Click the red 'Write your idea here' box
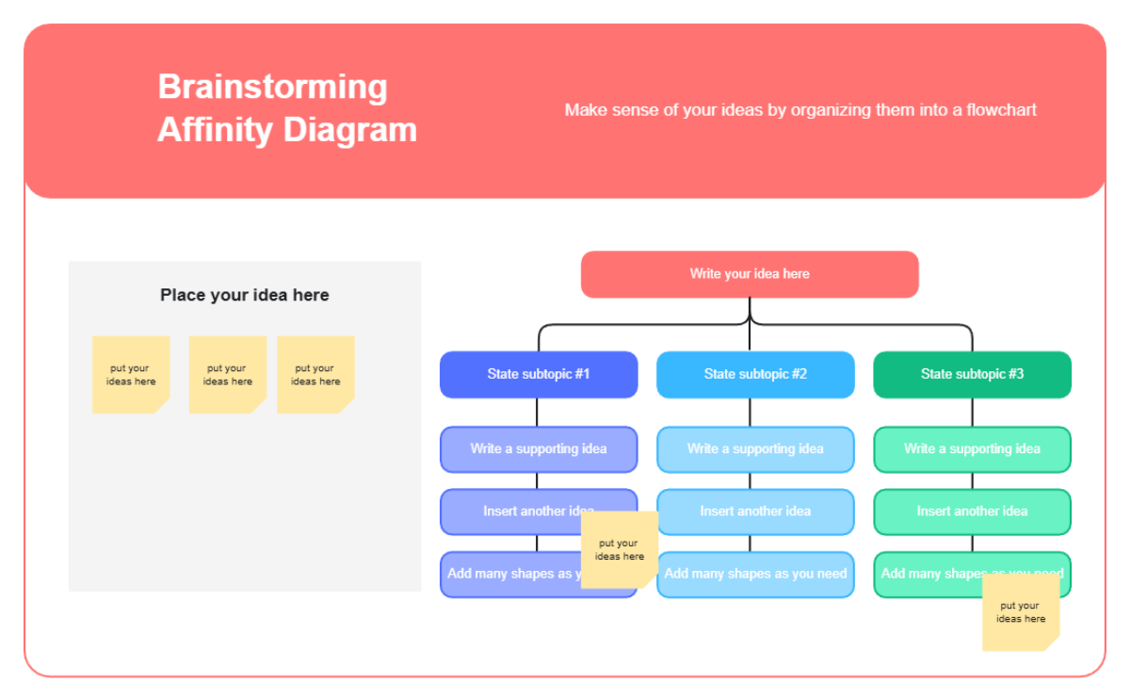coord(750,274)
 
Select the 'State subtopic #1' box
coord(539,374)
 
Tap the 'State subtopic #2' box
coord(755,374)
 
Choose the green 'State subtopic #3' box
coord(972,374)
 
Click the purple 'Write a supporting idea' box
coord(539,449)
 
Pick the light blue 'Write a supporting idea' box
coord(755,449)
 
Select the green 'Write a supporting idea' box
coord(972,449)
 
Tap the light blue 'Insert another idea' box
coord(755,512)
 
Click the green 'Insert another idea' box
coord(972,512)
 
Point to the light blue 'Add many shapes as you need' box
coord(755,574)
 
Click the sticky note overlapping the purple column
coord(619,550)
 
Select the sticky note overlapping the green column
coord(1021,612)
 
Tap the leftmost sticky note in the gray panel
coord(131,375)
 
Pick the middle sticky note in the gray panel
coord(228,375)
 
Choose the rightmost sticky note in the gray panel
coord(315,375)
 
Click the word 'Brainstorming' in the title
coord(272,87)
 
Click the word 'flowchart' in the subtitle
coord(1003,110)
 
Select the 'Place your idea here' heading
coord(245,295)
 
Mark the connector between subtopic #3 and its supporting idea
coord(972,413)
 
